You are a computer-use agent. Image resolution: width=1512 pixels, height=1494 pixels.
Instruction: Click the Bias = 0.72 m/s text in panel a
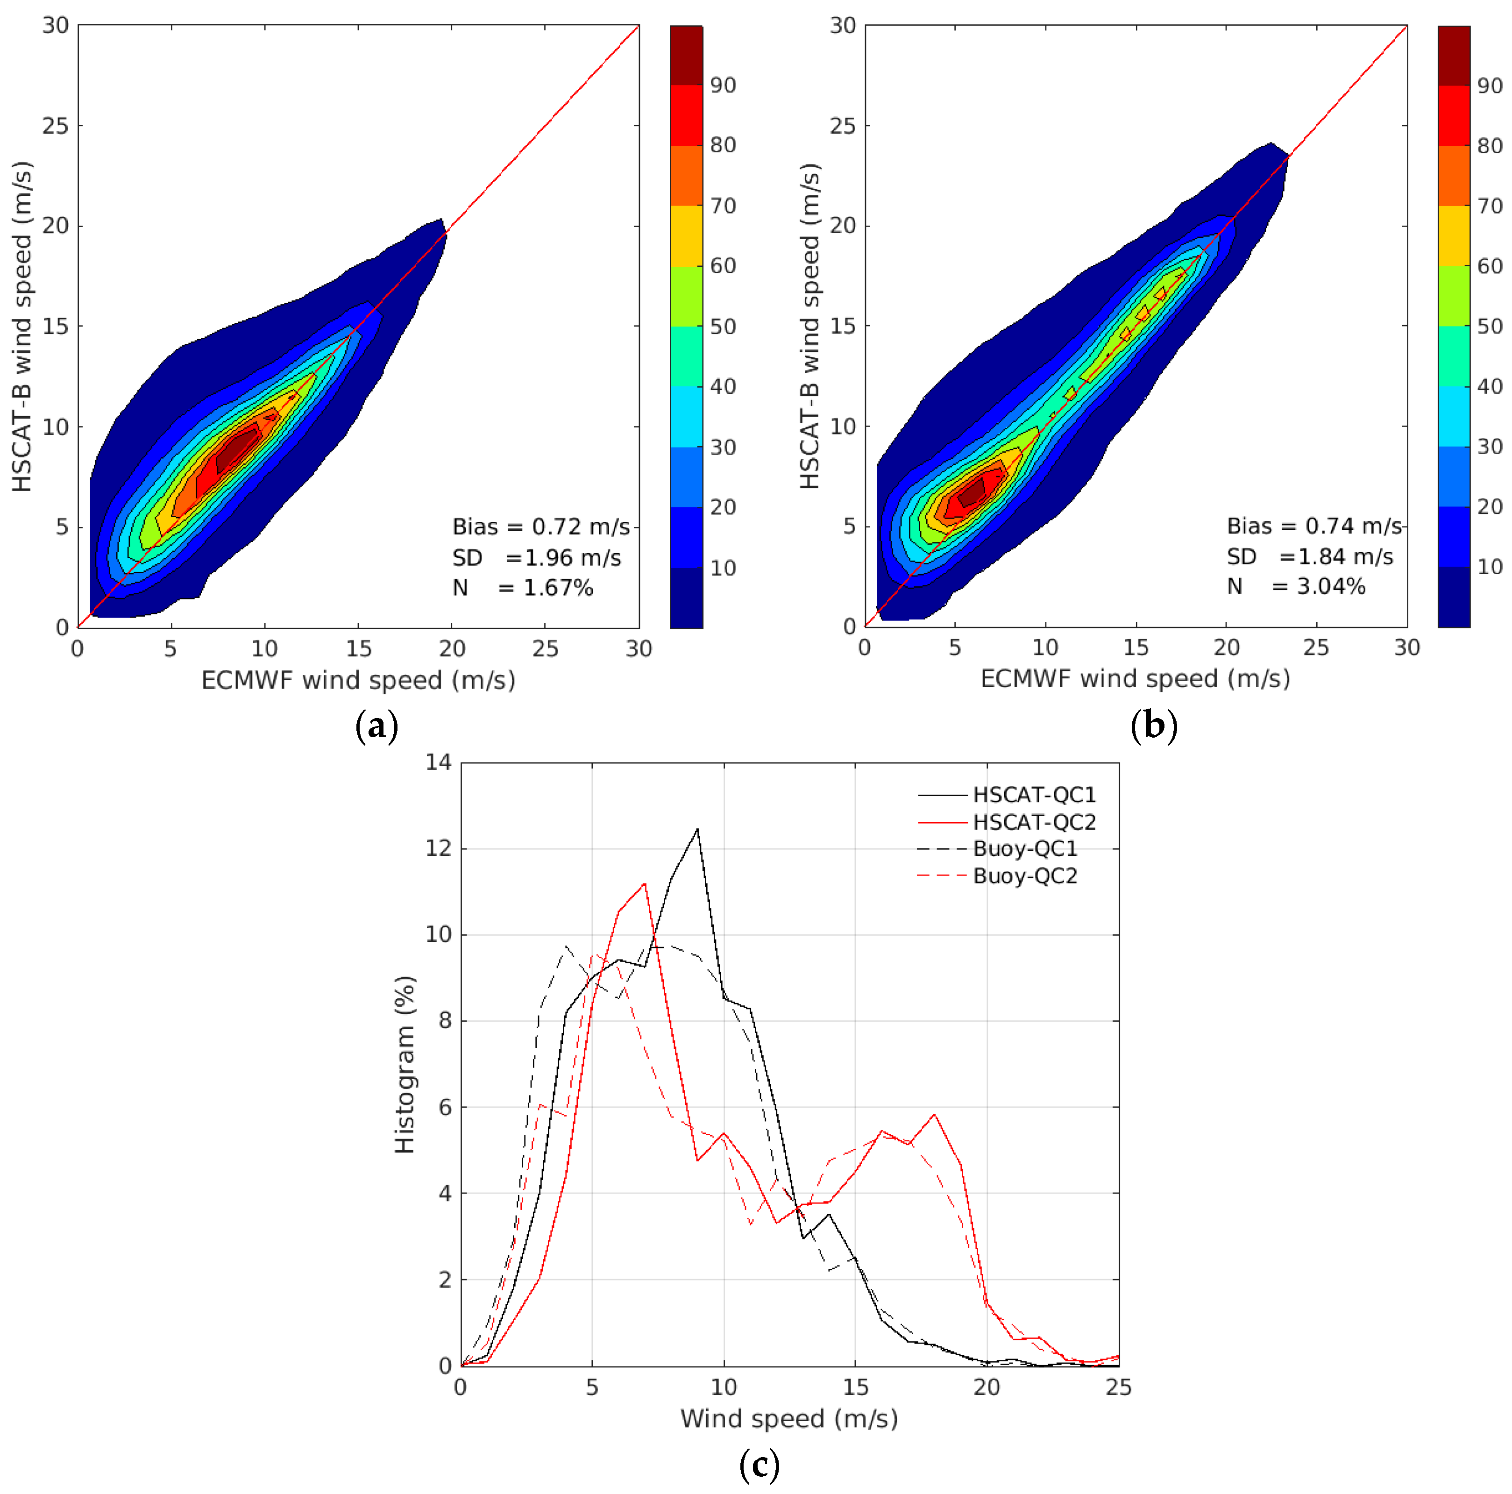(541, 526)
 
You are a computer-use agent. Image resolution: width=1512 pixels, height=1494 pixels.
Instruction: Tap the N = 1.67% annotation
(522, 588)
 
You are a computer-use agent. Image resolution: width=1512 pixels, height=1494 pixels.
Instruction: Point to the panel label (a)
(376, 726)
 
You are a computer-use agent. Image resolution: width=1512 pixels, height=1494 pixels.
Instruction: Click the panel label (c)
(759, 1464)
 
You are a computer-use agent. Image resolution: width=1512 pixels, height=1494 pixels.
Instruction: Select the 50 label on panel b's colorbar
(1489, 326)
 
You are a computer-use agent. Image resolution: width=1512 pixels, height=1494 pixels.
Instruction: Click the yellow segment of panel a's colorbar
(686, 235)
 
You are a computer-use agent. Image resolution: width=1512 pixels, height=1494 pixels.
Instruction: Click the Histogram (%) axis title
(405, 1064)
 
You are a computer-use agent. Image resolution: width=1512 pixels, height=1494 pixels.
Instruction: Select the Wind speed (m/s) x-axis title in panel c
(789, 1418)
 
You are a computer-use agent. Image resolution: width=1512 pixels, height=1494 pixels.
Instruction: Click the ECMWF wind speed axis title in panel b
(1135, 678)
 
